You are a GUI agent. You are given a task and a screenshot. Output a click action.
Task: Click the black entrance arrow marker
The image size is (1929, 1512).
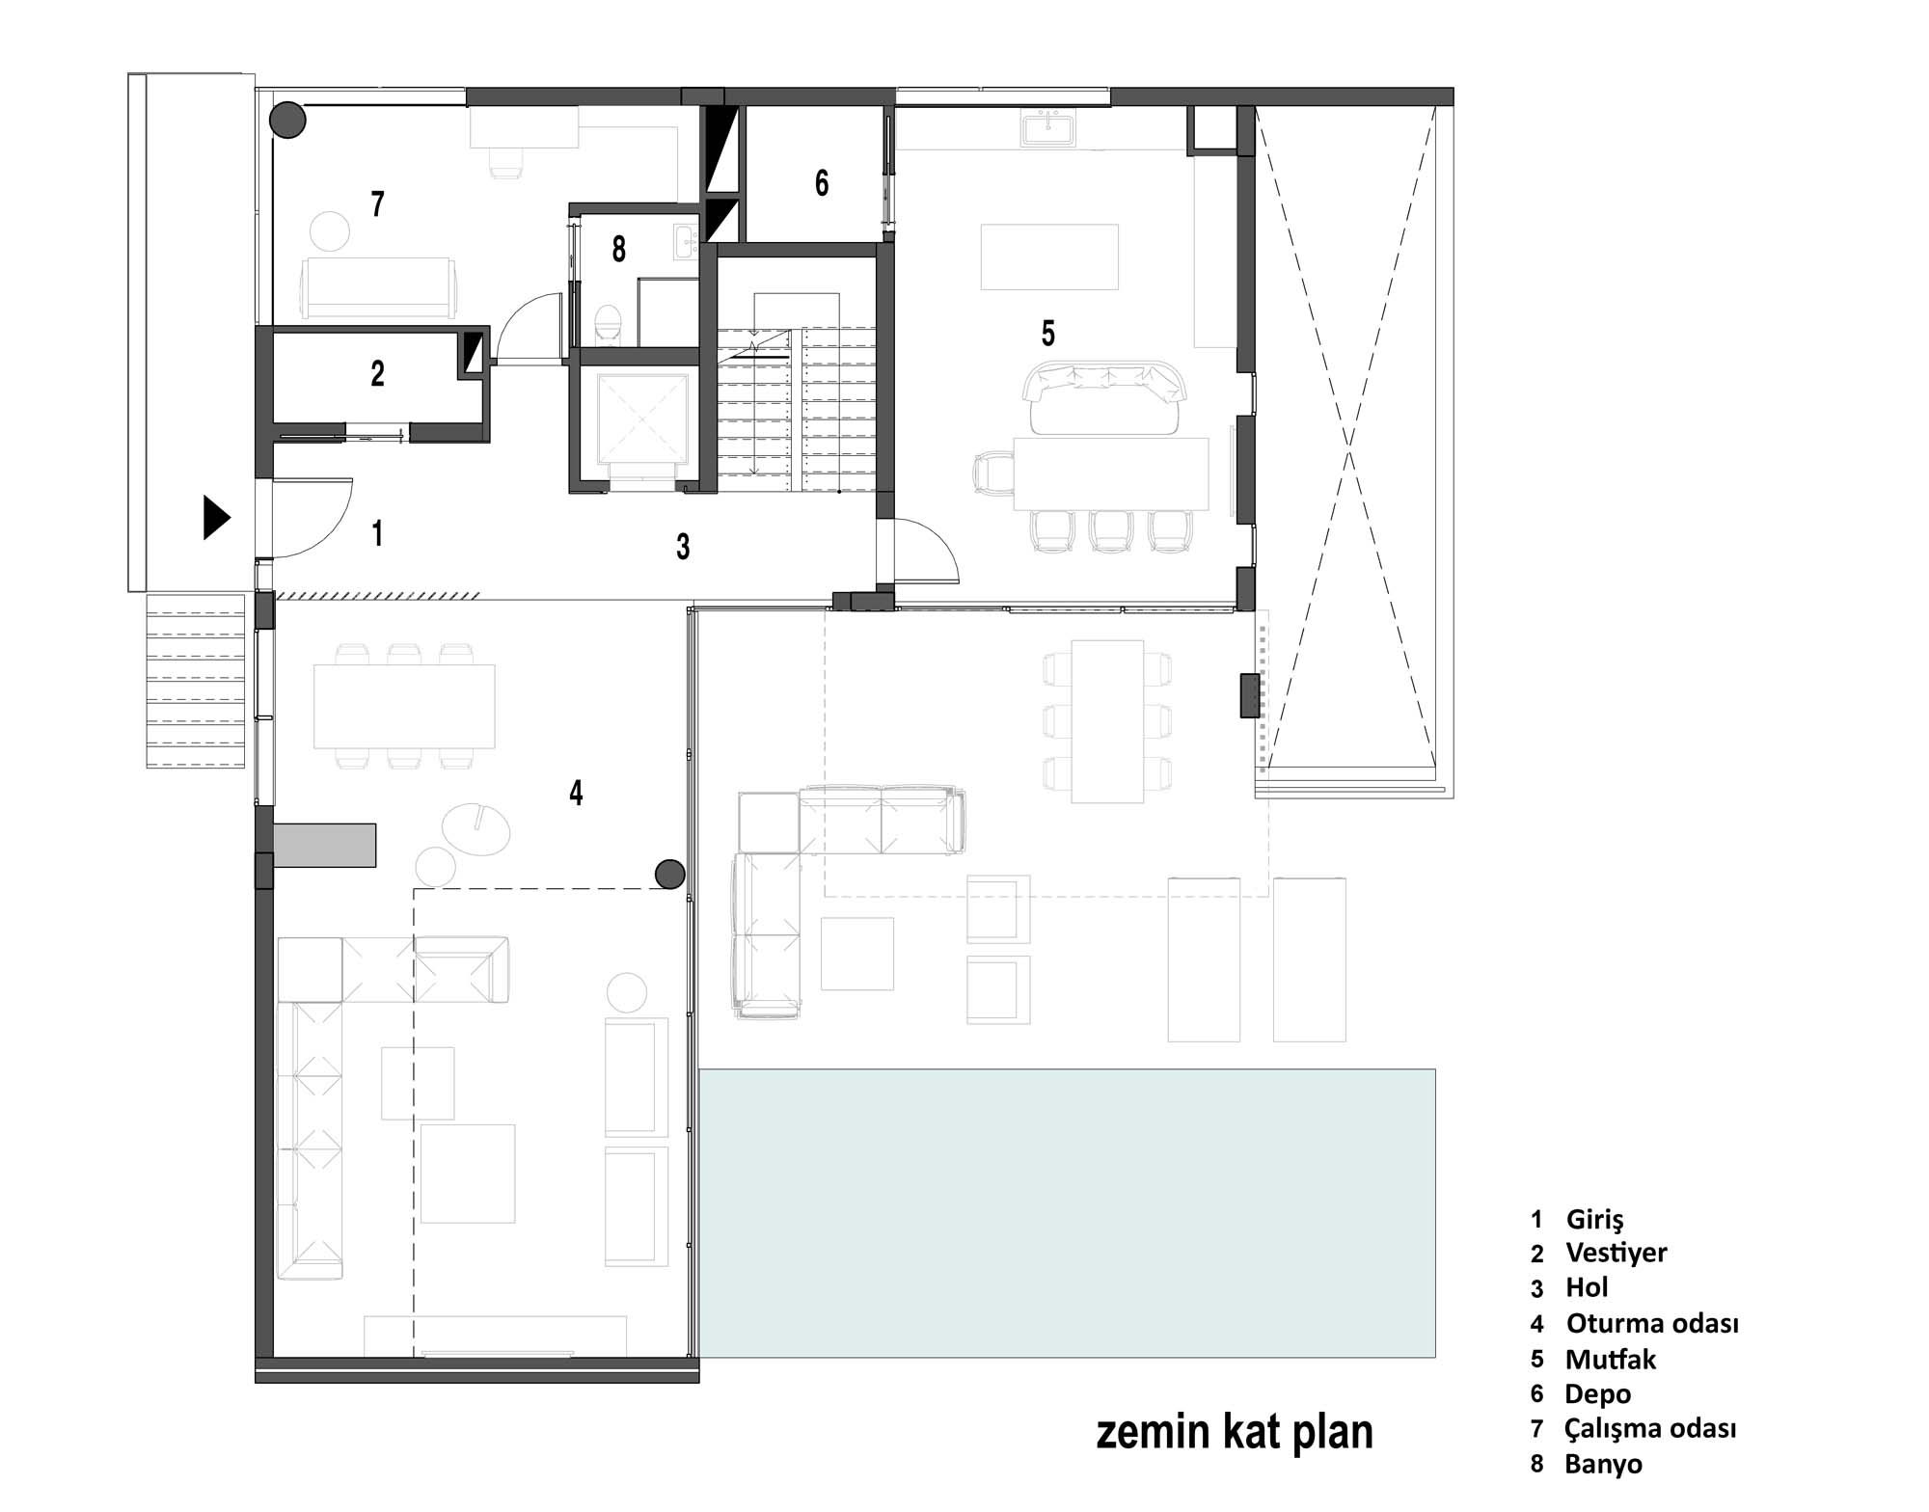216,518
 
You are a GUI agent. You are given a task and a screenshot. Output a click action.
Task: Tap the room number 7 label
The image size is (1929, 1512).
378,203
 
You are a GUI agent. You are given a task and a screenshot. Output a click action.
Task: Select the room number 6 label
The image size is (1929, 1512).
822,182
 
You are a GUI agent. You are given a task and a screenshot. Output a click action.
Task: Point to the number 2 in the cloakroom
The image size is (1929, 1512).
378,373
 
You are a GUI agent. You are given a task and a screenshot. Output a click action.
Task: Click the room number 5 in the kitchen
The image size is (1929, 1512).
1048,333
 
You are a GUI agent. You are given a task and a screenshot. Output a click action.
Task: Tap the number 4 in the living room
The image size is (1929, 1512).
576,793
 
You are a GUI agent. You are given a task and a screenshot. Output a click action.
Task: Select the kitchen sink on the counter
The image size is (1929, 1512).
1046,128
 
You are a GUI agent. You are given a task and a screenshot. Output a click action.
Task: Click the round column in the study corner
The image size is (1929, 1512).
286,121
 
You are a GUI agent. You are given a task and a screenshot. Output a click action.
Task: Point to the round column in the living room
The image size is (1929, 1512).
669,875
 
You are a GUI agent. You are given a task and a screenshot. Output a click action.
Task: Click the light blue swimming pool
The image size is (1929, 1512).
1067,1213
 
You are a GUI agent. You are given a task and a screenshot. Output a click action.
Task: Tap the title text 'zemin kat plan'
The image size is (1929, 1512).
1235,1432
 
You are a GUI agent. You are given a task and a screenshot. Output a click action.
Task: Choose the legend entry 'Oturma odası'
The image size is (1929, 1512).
1652,1323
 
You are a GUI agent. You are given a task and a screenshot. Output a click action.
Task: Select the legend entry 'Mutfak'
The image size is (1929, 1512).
1611,1359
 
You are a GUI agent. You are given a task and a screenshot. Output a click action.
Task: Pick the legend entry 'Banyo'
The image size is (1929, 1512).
1603,1464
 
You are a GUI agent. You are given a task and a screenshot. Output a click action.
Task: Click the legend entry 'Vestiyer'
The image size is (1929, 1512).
1617,1253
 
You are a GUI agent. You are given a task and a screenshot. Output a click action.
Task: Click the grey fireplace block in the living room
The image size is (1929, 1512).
324,845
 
